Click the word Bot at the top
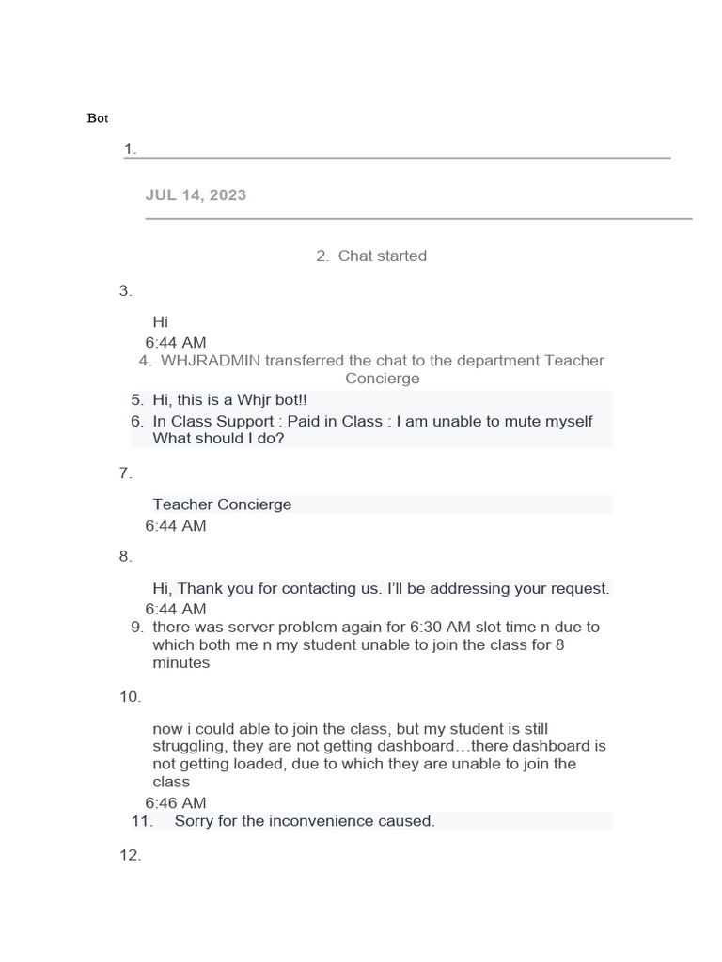click(x=98, y=118)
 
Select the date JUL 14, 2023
click(x=196, y=195)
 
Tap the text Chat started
click(x=382, y=256)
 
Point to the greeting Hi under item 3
click(x=160, y=322)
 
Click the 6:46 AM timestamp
click(x=176, y=803)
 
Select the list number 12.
click(x=130, y=856)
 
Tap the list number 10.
click(x=130, y=697)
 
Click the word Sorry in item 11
click(x=196, y=821)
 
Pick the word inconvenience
click(x=322, y=821)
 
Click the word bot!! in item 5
click(x=287, y=400)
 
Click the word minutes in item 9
click(x=181, y=662)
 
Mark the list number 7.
click(x=126, y=473)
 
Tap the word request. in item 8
click(x=580, y=589)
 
